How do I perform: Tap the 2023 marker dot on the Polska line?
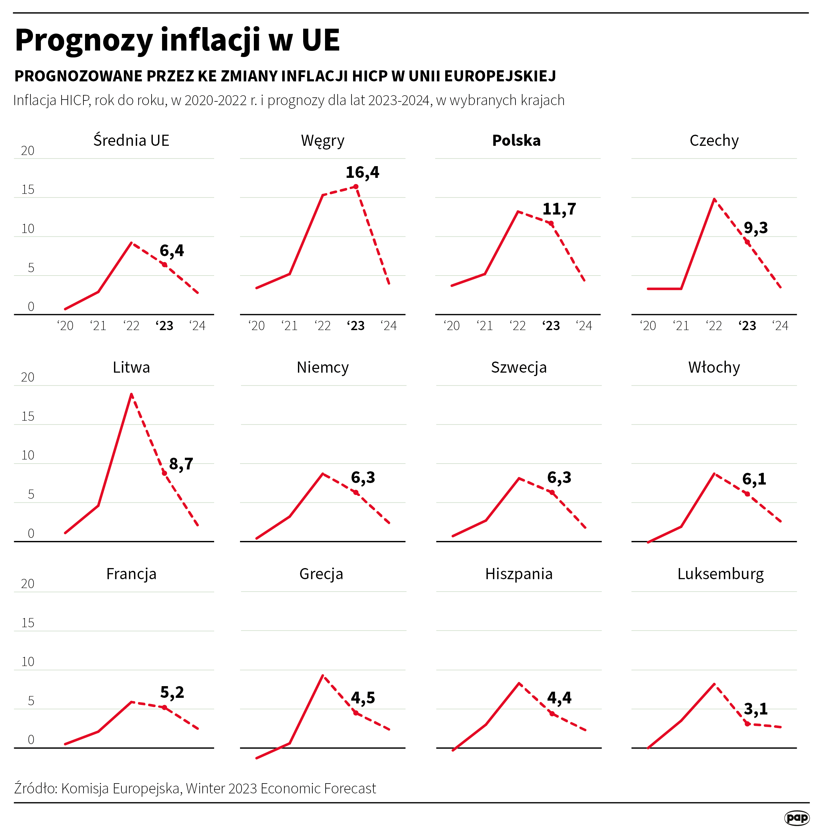click(x=551, y=223)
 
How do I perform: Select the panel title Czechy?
click(x=714, y=140)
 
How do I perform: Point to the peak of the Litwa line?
click(x=131, y=395)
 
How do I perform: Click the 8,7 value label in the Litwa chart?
click(x=181, y=464)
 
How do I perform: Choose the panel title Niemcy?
click(x=323, y=367)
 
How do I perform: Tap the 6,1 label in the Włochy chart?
click(x=754, y=479)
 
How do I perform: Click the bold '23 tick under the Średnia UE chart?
click(x=165, y=326)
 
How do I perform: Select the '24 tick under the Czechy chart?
click(x=780, y=326)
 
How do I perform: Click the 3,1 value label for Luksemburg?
click(x=755, y=708)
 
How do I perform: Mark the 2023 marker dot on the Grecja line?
click(x=355, y=713)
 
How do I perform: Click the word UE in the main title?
click(x=320, y=40)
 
